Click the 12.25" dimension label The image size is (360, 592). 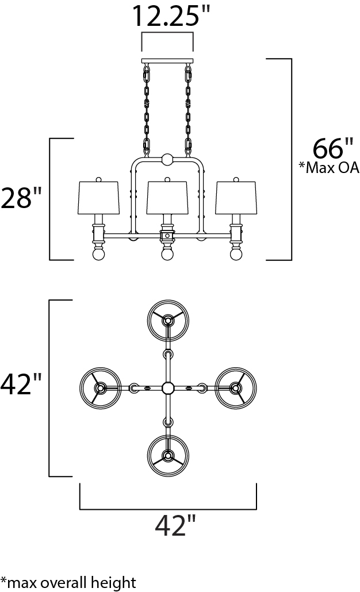pos(171,16)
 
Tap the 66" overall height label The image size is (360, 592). pos(333,148)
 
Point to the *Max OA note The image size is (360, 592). pos(329,167)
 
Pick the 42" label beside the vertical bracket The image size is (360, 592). pos(21,384)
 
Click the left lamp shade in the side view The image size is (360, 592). pos(98,198)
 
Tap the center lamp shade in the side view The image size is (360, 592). pos(167,198)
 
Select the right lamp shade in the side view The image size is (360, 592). pos(236,198)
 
